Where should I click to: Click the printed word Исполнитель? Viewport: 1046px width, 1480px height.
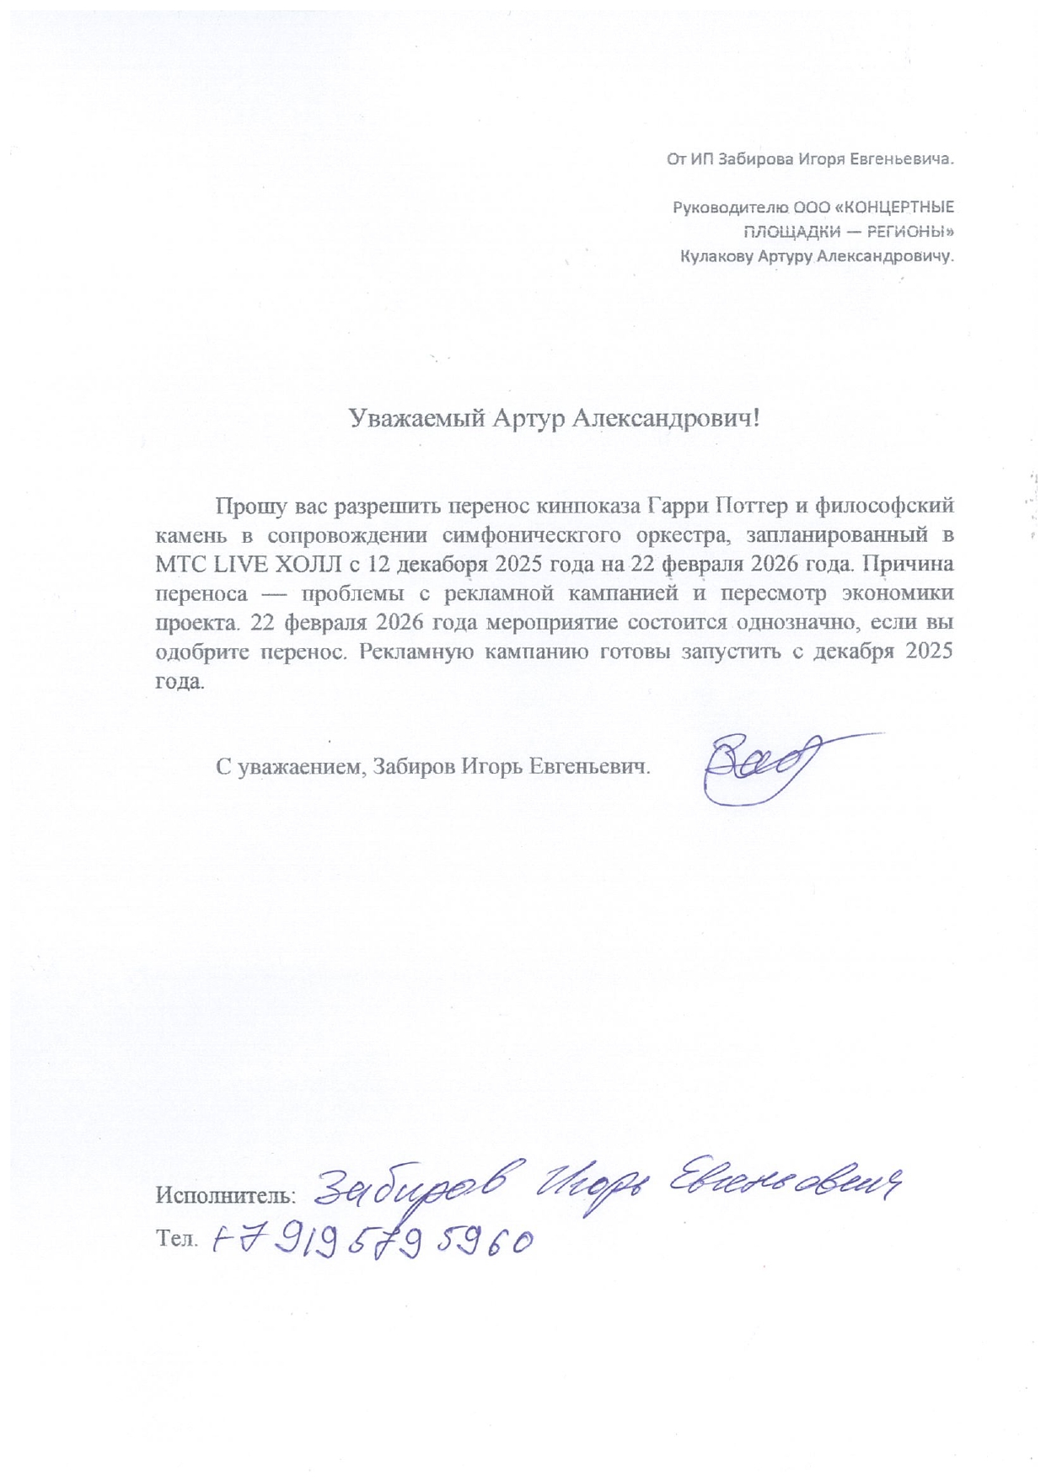coord(225,1194)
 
